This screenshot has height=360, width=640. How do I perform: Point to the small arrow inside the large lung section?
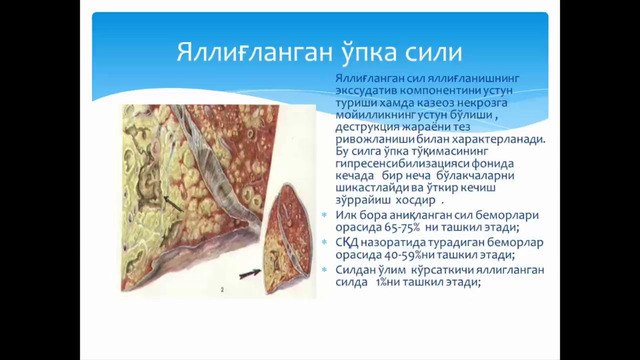175,205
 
